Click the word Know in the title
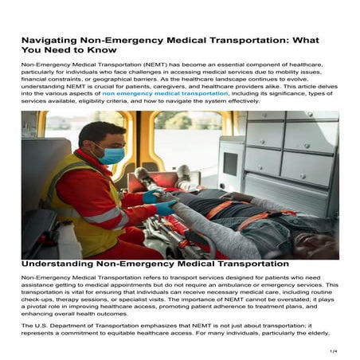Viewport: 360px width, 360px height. (110, 51)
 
